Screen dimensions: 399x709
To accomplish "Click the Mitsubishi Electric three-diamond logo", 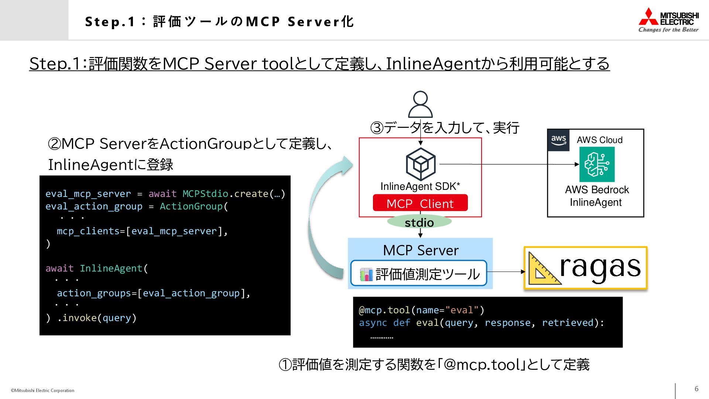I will coord(648,17).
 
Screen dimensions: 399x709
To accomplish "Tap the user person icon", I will coord(420,104).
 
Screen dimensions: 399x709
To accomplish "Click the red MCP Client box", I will coord(420,203).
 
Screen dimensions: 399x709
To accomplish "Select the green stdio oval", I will coord(419,222).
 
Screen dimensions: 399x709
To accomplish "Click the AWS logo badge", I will coord(558,140).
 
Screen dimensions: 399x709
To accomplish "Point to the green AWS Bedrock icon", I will coord(597,164).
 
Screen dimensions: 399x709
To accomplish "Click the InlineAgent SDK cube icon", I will coord(421,164).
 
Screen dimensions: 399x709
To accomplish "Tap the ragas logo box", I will coord(585,268).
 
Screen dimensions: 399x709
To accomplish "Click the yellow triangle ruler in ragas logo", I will coord(543,269).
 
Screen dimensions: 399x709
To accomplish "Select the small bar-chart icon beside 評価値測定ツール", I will coord(366,274).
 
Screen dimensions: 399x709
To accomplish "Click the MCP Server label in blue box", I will coord(421,250).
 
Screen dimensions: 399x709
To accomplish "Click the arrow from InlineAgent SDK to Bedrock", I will coord(510,164).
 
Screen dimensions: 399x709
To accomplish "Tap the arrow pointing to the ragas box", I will coord(506,272).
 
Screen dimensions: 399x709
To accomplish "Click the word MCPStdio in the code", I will coord(205,194).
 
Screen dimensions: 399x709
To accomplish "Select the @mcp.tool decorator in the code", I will coord(384,310).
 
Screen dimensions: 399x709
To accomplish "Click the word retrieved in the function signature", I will coord(568,323).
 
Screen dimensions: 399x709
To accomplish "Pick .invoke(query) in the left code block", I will coord(97,318).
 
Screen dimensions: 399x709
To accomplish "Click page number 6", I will coord(696,389).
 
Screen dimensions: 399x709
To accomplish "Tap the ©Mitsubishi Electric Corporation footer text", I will coord(42,391).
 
